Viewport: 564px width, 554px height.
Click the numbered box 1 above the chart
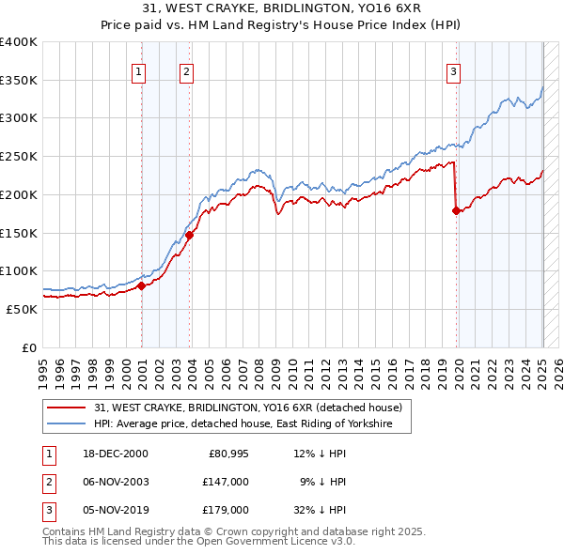coord(138,71)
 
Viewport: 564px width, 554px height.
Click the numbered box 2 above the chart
coord(187,71)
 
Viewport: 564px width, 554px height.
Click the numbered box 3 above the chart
coord(453,71)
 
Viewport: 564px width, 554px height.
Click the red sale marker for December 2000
coord(141,286)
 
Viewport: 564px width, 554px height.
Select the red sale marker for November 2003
coord(189,236)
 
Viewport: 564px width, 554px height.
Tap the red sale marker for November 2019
coord(456,211)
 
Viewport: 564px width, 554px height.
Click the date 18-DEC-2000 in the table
coord(108,454)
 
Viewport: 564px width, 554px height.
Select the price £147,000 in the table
coord(226,482)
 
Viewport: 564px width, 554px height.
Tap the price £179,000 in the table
coord(226,510)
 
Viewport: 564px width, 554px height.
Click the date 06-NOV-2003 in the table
coord(109,482)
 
